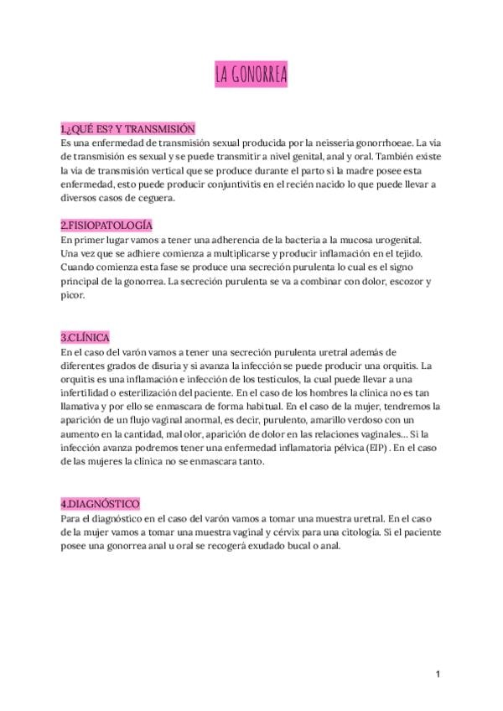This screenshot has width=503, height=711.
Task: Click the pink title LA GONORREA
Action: coord(251,75)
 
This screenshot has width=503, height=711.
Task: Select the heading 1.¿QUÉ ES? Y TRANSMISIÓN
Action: coord(127,129)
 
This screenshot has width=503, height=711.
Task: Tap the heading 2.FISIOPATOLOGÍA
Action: coord(106,226)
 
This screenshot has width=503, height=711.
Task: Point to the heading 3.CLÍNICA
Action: coord(86,336)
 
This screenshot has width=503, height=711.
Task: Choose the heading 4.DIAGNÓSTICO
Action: coord(101,503)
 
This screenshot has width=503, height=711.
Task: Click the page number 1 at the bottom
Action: coord(438,674)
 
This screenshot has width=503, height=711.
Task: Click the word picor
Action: coord(74,295)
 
